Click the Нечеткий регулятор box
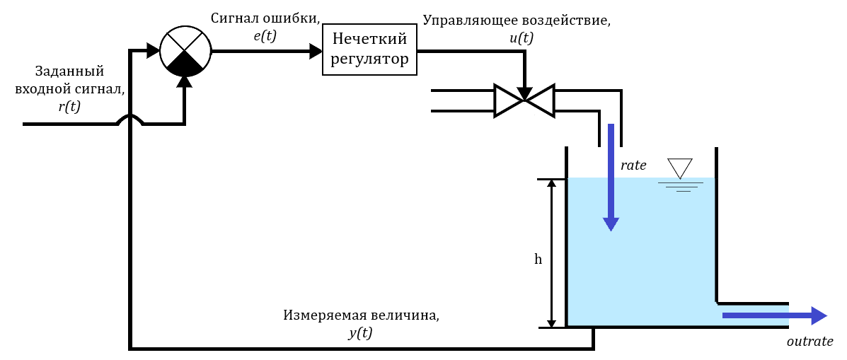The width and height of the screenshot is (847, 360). tap(369, 50)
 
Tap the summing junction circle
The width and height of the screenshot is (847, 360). tap(184, 51)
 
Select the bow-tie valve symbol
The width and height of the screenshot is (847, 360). tap(524, 100)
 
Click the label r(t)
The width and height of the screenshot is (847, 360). tap(69, 107)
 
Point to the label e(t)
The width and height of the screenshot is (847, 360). tap(265, 35)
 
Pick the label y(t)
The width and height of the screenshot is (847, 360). tap(360, 333)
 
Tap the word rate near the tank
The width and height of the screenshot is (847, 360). tap(633, 166)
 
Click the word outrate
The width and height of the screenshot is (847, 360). tap(810, 342)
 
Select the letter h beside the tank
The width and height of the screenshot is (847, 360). tap(538, 260)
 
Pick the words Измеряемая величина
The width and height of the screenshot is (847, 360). tap(361, 315)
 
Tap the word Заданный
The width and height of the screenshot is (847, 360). tap(69, 71)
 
